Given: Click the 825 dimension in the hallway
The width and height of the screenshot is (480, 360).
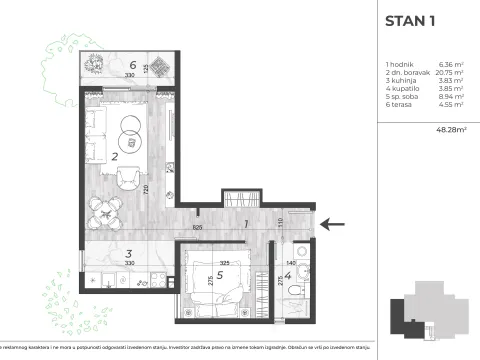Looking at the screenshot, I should (x=198, y=228).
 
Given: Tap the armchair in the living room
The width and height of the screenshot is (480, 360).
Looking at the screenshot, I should (x=127, y=180).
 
